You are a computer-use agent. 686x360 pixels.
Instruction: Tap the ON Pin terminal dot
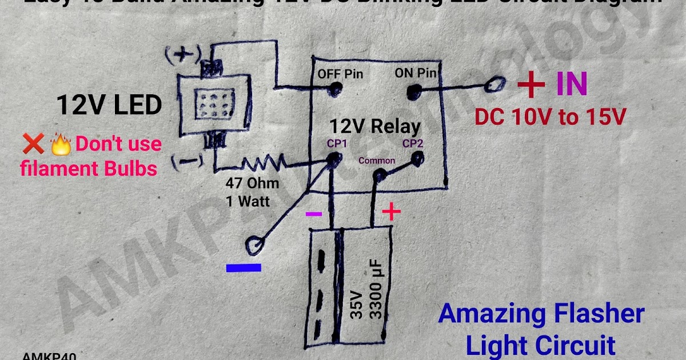413,90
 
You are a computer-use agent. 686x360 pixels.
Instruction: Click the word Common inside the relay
377,161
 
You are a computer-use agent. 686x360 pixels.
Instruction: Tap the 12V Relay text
374,126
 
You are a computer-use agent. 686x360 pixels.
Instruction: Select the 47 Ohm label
252,183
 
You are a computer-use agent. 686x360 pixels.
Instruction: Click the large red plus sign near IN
531,86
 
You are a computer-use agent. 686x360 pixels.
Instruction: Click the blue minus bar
244,267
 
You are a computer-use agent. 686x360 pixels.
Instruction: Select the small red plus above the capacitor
391,213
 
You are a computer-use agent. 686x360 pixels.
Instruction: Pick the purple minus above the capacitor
314,214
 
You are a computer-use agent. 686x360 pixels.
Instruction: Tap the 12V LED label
109,105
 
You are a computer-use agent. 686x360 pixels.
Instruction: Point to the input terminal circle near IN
493,85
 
